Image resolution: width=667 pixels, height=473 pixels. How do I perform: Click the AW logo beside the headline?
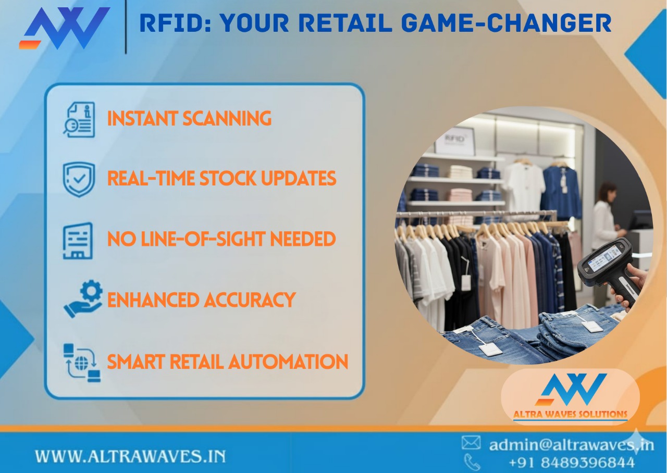(x=65, y=28)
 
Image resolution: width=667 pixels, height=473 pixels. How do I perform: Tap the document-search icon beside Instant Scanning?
(x=79, y=119)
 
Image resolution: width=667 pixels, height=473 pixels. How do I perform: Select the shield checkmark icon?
(x=79, y=179)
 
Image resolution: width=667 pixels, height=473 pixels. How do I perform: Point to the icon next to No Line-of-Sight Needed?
(x=78, y=240)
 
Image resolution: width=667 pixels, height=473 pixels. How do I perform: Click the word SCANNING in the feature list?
(x=227, y=119)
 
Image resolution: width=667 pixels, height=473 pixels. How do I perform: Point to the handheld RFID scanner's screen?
(x=604, y=257)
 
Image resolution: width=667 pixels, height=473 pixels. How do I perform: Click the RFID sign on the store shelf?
(x=455, y=140)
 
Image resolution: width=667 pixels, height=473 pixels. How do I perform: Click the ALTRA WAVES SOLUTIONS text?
(x=570, y=415)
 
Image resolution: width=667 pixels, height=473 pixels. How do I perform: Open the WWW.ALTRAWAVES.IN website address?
(x=130, y=457)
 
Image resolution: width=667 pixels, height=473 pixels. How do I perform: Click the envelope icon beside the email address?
(x=471, y=443)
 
